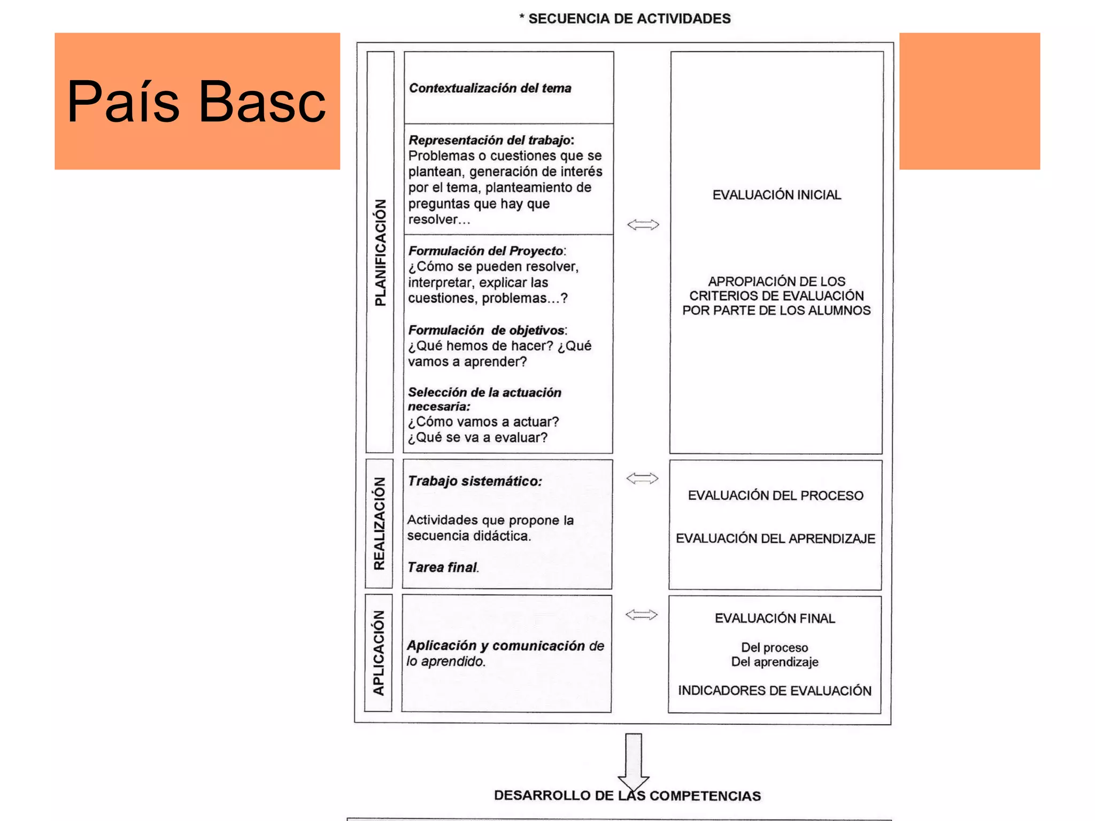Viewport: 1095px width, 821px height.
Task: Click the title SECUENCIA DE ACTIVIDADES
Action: click(629, 19)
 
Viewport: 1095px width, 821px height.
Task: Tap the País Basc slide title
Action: click(196, 102)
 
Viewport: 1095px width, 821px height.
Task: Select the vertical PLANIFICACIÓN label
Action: click(380, 252)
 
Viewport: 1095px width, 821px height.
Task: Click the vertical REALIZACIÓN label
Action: click(379, 524)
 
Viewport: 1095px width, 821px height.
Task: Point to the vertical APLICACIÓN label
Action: click(379, 653)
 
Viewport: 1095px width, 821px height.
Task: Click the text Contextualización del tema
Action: click(490, 88)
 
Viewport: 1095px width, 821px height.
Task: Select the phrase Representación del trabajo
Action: click(490, 140)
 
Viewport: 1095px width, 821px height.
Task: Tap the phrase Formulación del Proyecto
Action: click(485, 251)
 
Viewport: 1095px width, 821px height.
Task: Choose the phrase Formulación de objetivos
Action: click(486, 330)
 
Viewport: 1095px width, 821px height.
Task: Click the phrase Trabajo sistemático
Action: click(474, 481)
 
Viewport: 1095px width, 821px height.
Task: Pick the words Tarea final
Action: click(442, 567)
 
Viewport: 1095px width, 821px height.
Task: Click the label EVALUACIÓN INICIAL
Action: click(776, 195)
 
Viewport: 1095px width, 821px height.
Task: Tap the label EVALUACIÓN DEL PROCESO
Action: click(775, 495)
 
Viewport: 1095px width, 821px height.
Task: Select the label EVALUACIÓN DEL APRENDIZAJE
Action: click(775, 538)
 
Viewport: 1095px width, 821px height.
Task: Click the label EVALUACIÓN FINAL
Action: click(775, 618)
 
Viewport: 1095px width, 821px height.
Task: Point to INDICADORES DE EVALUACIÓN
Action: click(775, 691)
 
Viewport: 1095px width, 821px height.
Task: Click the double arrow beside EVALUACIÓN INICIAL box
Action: click(643, 224)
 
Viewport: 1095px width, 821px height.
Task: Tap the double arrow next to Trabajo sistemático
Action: click(642, 478)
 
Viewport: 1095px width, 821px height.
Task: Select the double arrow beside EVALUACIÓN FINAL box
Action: click(642, 615)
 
